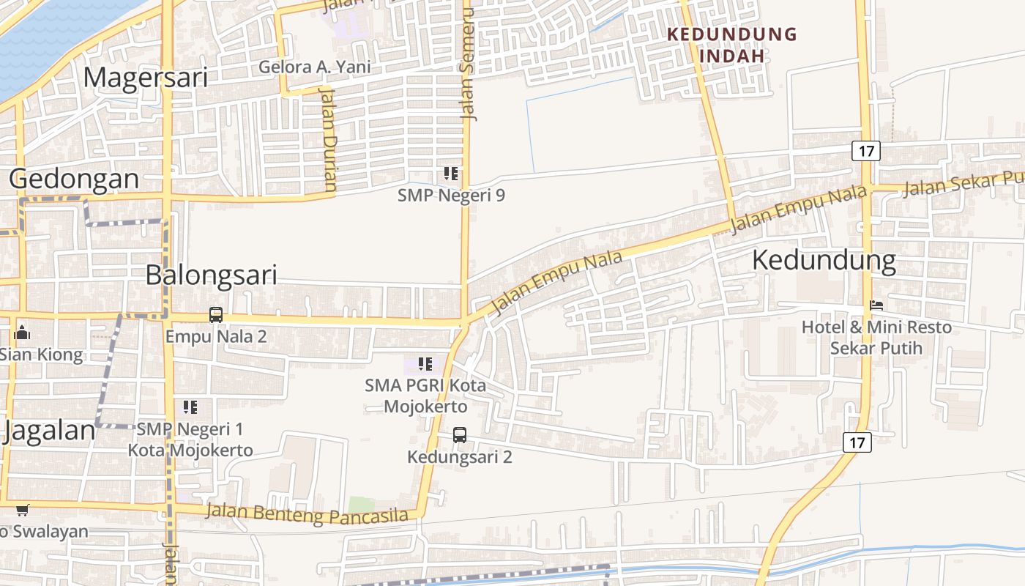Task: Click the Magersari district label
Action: click(x=145, y=77)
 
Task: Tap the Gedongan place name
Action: click(x=74, y=179)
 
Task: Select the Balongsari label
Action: click(x=211, y=275)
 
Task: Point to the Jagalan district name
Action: click(x=50, y=431)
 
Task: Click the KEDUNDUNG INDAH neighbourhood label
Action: click(x=732, y=45)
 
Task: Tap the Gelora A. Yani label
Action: click(x=314, y=67)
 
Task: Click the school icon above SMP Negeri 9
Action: click(x=451, y=174)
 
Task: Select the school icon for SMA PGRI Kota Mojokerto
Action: click(x=425, y=363)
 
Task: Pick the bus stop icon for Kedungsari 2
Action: click(x=459, y=435)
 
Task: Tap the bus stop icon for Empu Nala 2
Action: click(x=216, y=315)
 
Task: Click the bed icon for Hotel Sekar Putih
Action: click(x=876, y=305)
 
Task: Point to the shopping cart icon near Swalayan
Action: click(x=23, y=510)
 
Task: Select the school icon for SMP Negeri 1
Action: click(x=190, y=407)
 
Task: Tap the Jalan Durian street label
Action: click(x=329, y=139)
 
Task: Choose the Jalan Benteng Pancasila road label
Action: click(x=306, y=513)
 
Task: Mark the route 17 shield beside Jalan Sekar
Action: click(x=865, y=152)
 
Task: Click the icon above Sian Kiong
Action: click(x=22, y=333)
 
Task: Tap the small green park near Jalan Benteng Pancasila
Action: click(x=361, y=505)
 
